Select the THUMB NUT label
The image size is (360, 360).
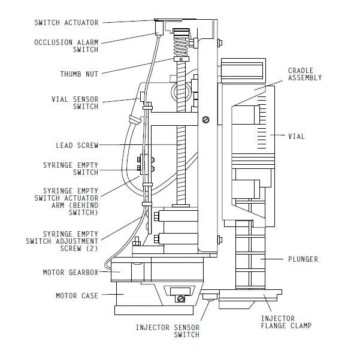[79, 74]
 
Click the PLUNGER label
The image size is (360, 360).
[303, 259]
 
